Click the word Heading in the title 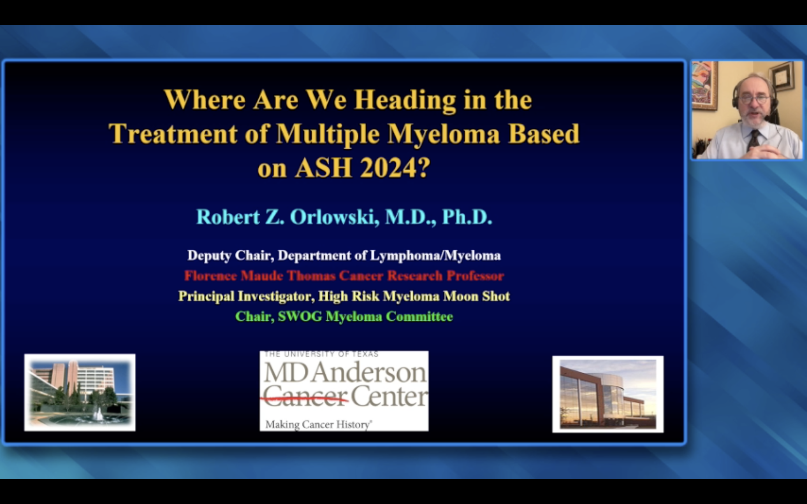click(x=405, y=100)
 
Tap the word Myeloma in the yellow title click(x=444, y=134)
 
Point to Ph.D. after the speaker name click(x=467, y=217)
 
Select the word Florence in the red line click(x=210, y=276)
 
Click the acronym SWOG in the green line click(x=300, y=316)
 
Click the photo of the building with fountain click(x=80, y=392)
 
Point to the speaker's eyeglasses click(x=754, y=99)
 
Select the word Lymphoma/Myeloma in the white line click(x=435, y=256)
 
